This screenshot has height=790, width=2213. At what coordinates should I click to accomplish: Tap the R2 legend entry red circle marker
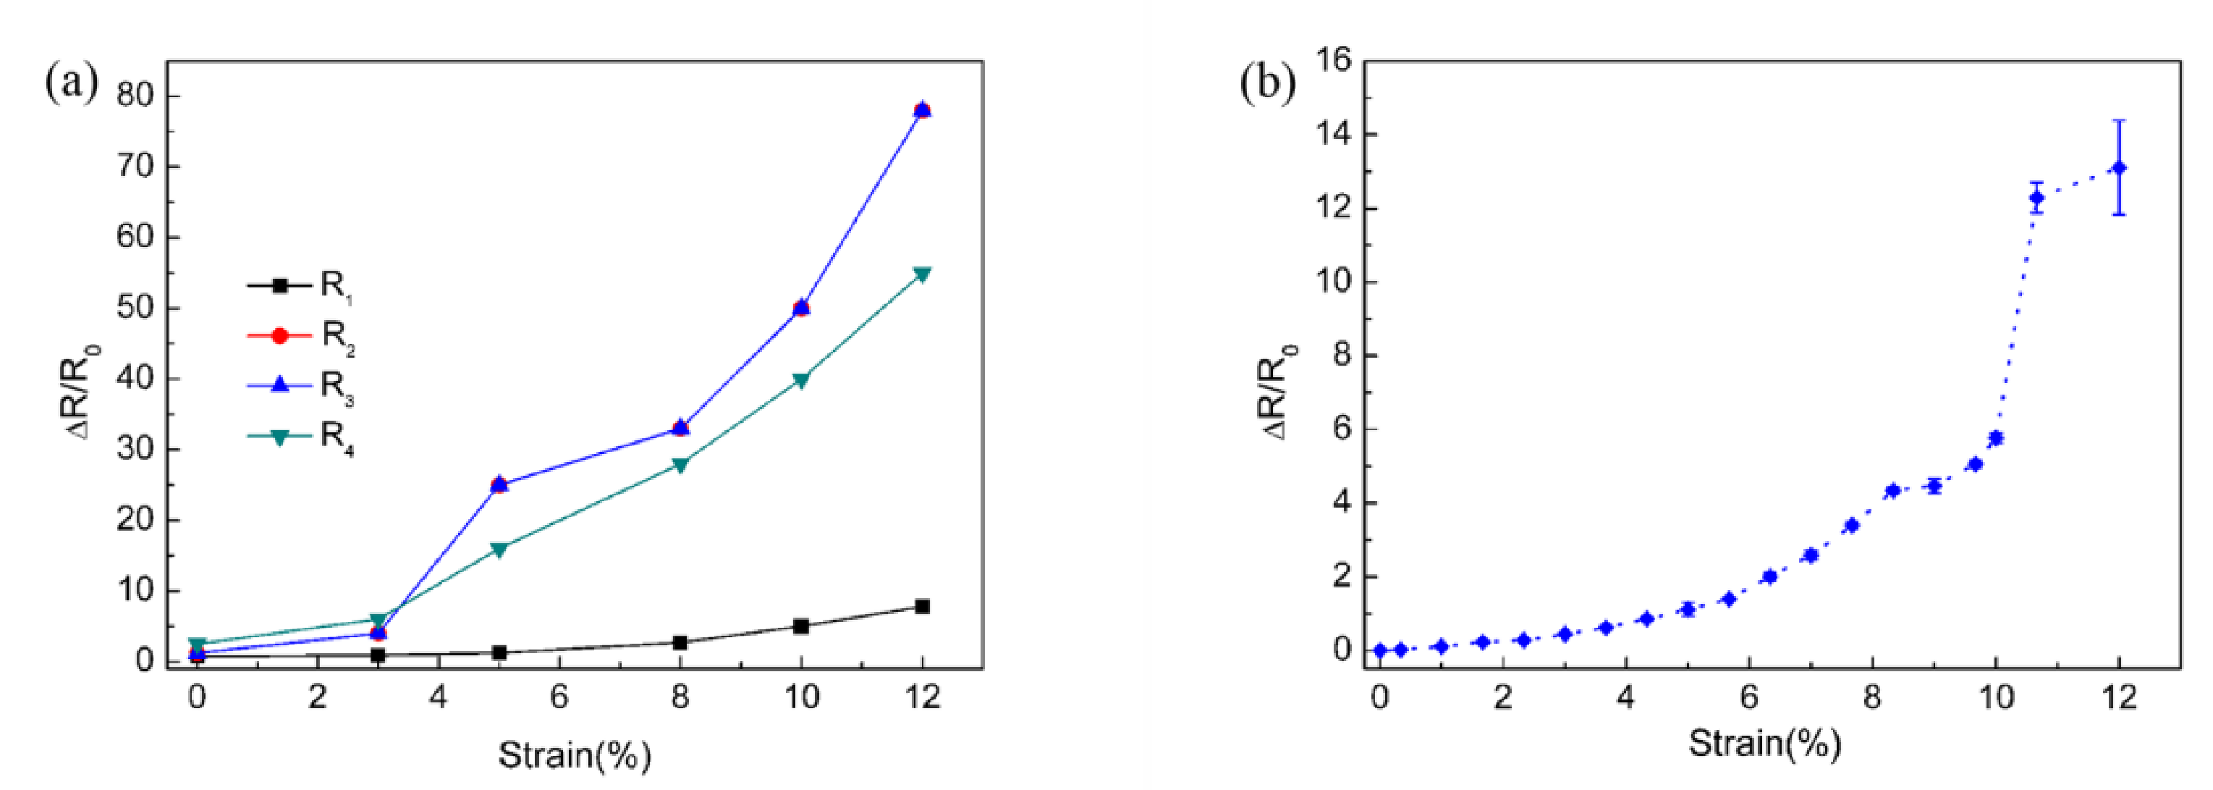(279, 335)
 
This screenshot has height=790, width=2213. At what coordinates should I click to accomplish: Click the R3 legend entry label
(336, 386)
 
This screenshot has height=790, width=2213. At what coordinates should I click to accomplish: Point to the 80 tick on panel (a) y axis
(137, 96)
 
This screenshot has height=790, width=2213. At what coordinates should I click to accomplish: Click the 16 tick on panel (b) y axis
(1332, 60)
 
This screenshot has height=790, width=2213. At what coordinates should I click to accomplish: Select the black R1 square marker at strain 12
(922, 606)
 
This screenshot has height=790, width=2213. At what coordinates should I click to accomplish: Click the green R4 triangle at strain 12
(922, 274)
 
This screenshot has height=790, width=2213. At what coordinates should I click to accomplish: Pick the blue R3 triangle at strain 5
(499, 484)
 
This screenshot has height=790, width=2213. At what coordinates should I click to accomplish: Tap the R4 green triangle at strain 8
(680, 465)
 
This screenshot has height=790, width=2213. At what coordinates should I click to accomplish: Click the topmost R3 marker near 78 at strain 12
(922, 109)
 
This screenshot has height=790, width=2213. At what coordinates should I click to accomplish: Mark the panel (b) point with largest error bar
(2118, 167)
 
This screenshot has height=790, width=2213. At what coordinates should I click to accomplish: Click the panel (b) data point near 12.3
(2036, 198)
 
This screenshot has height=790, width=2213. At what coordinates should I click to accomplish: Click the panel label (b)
(1267, 83)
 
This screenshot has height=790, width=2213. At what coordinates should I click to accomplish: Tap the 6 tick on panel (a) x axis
(559, 697)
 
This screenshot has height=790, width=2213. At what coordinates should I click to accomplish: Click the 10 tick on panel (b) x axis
(1997, 697)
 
